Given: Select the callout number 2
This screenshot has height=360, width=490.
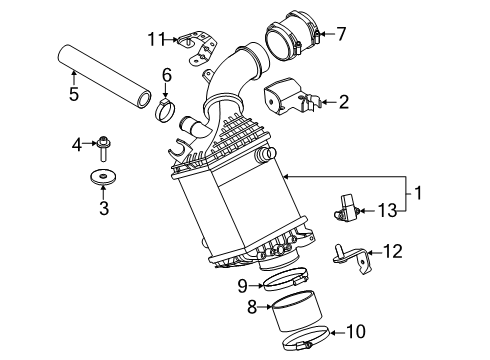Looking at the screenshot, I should pyautogui.click(x=343, y=100).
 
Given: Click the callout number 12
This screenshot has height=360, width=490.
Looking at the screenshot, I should pyautogui.click(x=393, y=252).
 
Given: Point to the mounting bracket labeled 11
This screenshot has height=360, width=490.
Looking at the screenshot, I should pyautogui.click(x=197, y=43).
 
